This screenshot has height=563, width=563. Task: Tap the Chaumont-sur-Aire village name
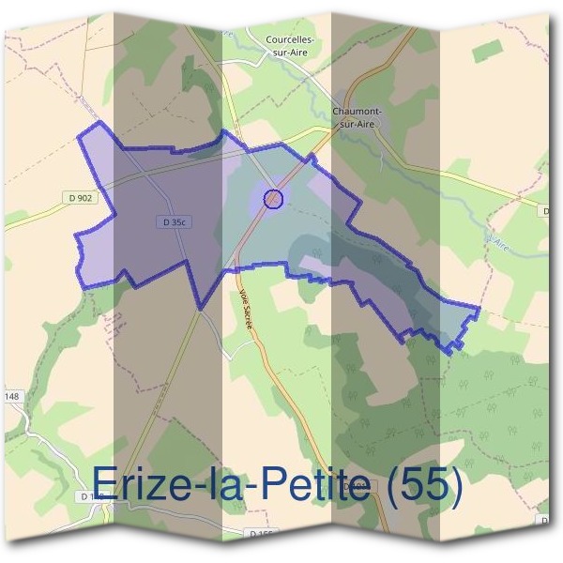pos(356,116)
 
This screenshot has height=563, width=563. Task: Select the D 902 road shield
pos(82,198)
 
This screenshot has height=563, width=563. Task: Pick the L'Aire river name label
pos(498,242)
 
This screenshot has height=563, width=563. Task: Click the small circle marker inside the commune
pos(272,198)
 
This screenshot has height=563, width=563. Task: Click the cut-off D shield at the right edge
pos(546,213)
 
